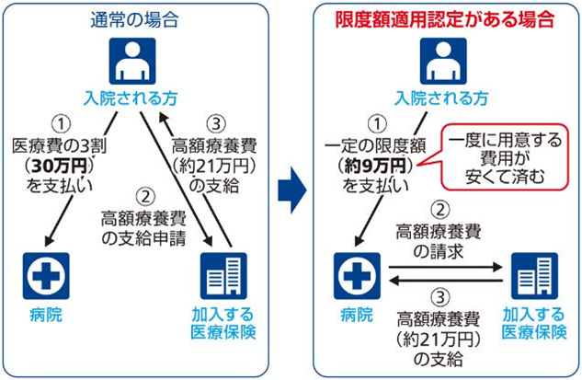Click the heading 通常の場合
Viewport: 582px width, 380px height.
point(137,17)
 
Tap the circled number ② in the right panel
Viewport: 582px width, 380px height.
point(439,208)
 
